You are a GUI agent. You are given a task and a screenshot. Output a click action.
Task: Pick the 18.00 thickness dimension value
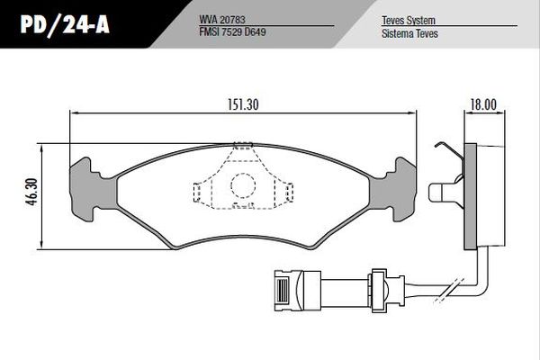pyautogui.click(x=482, y=103)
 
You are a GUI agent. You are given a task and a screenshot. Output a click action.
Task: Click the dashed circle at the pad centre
pyautogui.click(x=244, y=185)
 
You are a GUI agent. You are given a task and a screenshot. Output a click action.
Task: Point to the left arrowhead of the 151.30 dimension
pyautogui.click(x=74, y=112)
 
